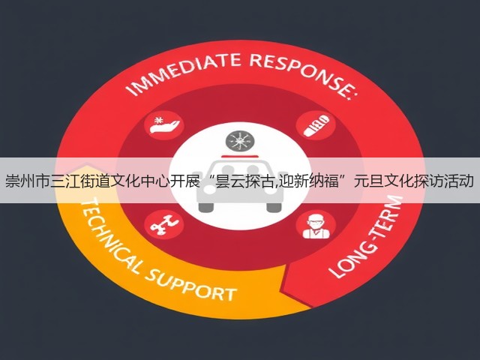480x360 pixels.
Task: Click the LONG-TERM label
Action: tap(367, 236)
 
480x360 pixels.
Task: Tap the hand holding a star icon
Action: tap(164, 126)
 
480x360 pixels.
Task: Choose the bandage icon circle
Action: tap(316, 125)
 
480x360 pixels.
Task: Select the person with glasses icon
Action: tap(316, 226)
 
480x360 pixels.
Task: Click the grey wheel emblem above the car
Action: tap(240, 142)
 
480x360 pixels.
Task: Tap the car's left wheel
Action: tap(205, 207)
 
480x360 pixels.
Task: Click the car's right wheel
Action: tap(274, 207)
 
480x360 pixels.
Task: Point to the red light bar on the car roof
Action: tap(239, 156)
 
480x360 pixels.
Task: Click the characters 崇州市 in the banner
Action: tap(28, 181)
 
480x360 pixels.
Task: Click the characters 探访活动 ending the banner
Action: tap(445, 181)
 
